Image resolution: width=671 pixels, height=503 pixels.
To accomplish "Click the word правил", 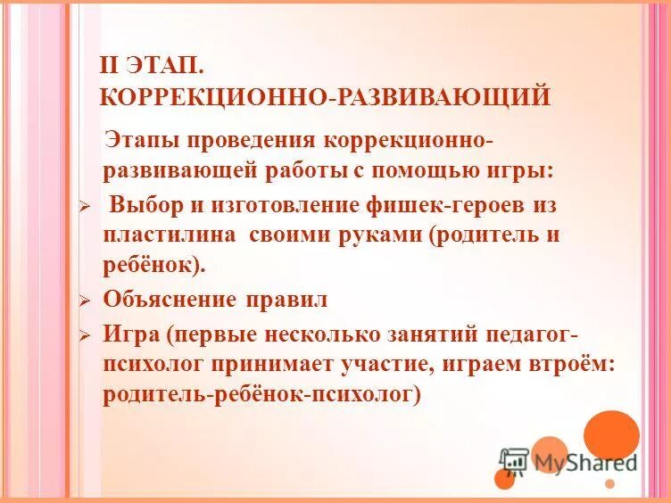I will [288, 299].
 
